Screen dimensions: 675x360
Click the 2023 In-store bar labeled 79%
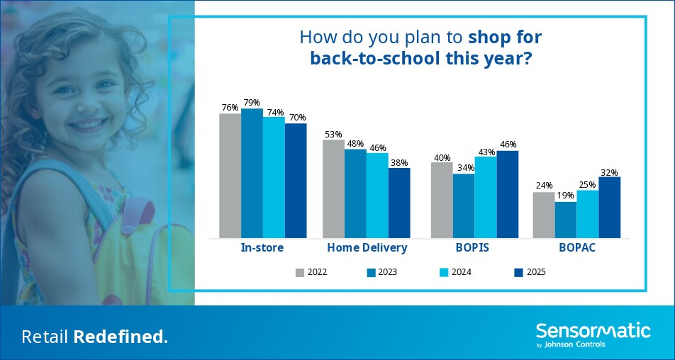coord(252,174)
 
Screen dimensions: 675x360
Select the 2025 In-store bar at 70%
coord(296,181)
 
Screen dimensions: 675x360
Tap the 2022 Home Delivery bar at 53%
coord(334,189)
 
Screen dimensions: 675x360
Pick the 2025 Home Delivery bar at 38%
coord(399,203)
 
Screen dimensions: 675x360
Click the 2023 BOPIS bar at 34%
coord(464,206)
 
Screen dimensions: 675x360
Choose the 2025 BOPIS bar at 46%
coord(508,194)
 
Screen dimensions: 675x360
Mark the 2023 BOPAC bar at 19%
coord(566,220)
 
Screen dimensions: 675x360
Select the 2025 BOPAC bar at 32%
coord(610,208)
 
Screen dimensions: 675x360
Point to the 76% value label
coord(230,108)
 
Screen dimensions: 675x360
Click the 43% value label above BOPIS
coord(486,152)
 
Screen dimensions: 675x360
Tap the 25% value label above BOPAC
coord(588,185)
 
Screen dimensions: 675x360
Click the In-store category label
coord(262,248)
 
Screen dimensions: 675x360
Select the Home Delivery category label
coord(367,248)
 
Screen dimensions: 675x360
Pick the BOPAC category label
coord(577,248)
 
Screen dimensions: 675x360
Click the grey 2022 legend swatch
coord(300,272)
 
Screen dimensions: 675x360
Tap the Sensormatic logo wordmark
coord(593,332)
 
